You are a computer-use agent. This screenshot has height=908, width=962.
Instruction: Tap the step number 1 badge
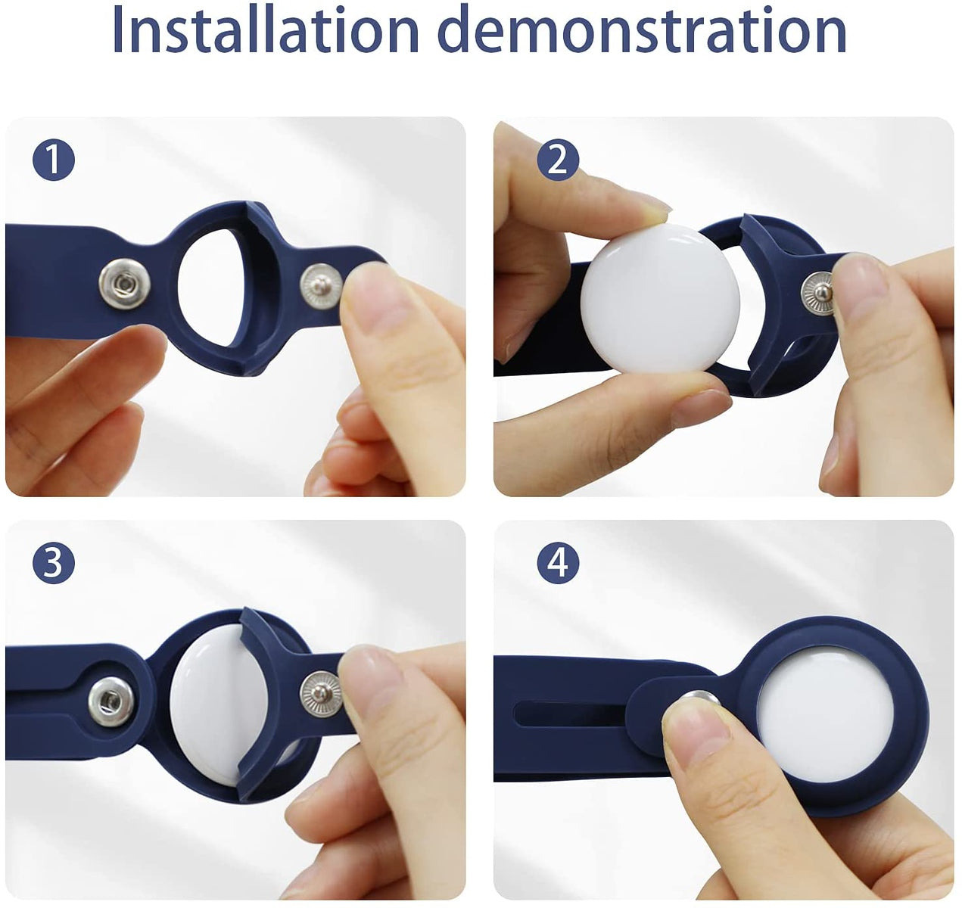pos(54,160)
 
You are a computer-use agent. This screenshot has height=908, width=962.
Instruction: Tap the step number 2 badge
pos(558,160)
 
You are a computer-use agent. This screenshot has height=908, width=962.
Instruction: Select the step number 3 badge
pos(54,563)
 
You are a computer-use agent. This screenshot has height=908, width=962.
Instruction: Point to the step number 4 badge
pos(558,563)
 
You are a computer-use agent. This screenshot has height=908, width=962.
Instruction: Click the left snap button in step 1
pos(124,283)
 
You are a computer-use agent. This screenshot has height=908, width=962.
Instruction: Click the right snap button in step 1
pos(321,287)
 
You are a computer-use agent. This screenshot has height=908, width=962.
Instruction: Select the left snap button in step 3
pos(112,701)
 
